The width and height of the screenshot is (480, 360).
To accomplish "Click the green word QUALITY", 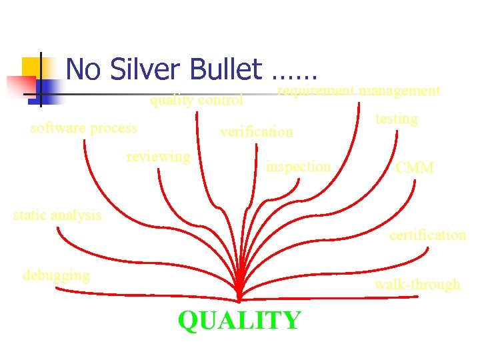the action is pyautogui.click(x=239, y=321).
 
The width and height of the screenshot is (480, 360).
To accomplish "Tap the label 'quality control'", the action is pyautogui.click(x=197, y=101).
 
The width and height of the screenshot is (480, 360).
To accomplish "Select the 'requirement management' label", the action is pyautogui.click(x=359, y=90).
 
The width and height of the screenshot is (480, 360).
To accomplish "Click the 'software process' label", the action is pyautogui.click(x=84, y=127).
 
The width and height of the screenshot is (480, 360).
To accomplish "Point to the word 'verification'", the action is pyautogui.click(x=257, y=131).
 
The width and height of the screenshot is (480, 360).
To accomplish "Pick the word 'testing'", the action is pyautogui.click(x=397, y=119).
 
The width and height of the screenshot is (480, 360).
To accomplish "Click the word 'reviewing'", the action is pyautogui.click(x=159, y=156).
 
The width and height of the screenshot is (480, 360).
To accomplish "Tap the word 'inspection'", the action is pyautogui.click(x=298, y=166).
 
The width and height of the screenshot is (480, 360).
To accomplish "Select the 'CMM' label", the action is pyautogui.click(x=415, y=167).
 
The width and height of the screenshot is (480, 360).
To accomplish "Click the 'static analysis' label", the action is pyautogui.click(x=58, y=215).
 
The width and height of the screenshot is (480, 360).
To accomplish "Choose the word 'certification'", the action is pyautogui.click(x=427, y=235).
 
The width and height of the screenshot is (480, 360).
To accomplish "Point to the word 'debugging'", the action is pyautogui.click(x=56, y=275).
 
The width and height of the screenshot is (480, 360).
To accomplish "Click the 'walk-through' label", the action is pyautogui.click(x=417, y=284).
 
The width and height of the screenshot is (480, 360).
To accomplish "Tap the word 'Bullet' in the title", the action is pyautogui.click(x=227, y=69).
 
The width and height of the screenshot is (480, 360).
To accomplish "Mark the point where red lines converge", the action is pyautogui.click(x=239, y=298).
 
